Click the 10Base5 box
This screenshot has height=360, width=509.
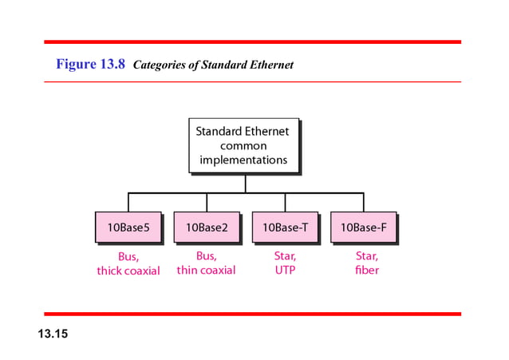(128, 227)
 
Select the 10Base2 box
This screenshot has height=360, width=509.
(206, 227)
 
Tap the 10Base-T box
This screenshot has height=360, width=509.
(285, 227)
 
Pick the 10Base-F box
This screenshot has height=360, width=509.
(363, 227)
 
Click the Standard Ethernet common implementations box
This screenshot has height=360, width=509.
(243, 145)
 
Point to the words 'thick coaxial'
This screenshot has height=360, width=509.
(128, 271)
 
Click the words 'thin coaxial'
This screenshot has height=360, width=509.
(206, 271)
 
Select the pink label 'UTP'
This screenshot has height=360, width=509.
(285, 271)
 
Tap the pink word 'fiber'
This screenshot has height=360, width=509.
(367, 271)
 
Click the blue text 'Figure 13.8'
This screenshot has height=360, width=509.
(90, 65)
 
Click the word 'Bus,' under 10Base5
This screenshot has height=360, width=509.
(128, 256)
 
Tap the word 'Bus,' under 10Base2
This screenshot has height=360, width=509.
(206, 256)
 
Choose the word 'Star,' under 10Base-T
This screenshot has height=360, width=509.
(285, 256)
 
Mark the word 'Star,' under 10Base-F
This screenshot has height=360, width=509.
(367, 256)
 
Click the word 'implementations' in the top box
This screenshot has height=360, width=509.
(243, 160)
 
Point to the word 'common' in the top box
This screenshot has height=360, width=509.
(243, 146)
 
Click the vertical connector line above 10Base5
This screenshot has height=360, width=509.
(128, 202)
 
